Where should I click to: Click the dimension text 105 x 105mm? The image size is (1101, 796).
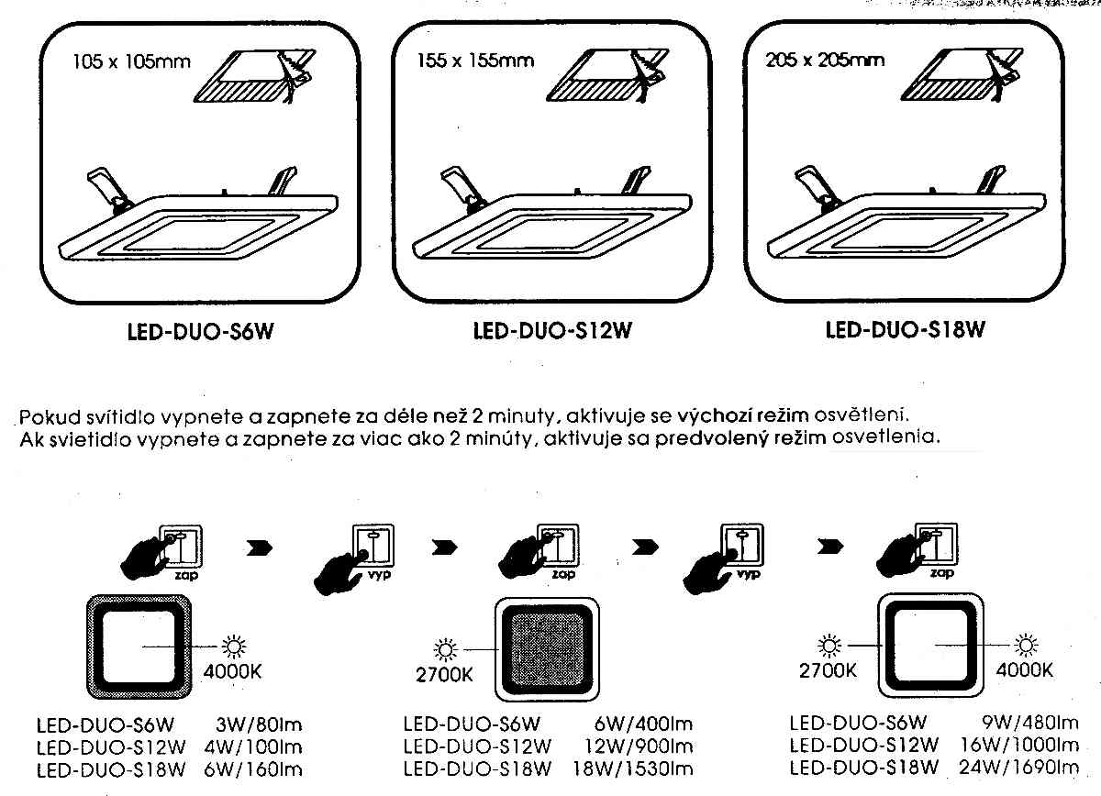click(130, 62)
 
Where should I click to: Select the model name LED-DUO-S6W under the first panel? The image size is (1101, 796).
click(201, 332)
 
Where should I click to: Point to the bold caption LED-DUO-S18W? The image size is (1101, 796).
click(905, 330)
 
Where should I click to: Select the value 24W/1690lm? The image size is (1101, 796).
click(1026, 767)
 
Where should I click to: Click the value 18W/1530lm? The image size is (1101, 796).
click(639, 768)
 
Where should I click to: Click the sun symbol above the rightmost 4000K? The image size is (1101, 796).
click(1024, 645)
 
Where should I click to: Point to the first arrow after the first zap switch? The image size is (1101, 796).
click(261, 550)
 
